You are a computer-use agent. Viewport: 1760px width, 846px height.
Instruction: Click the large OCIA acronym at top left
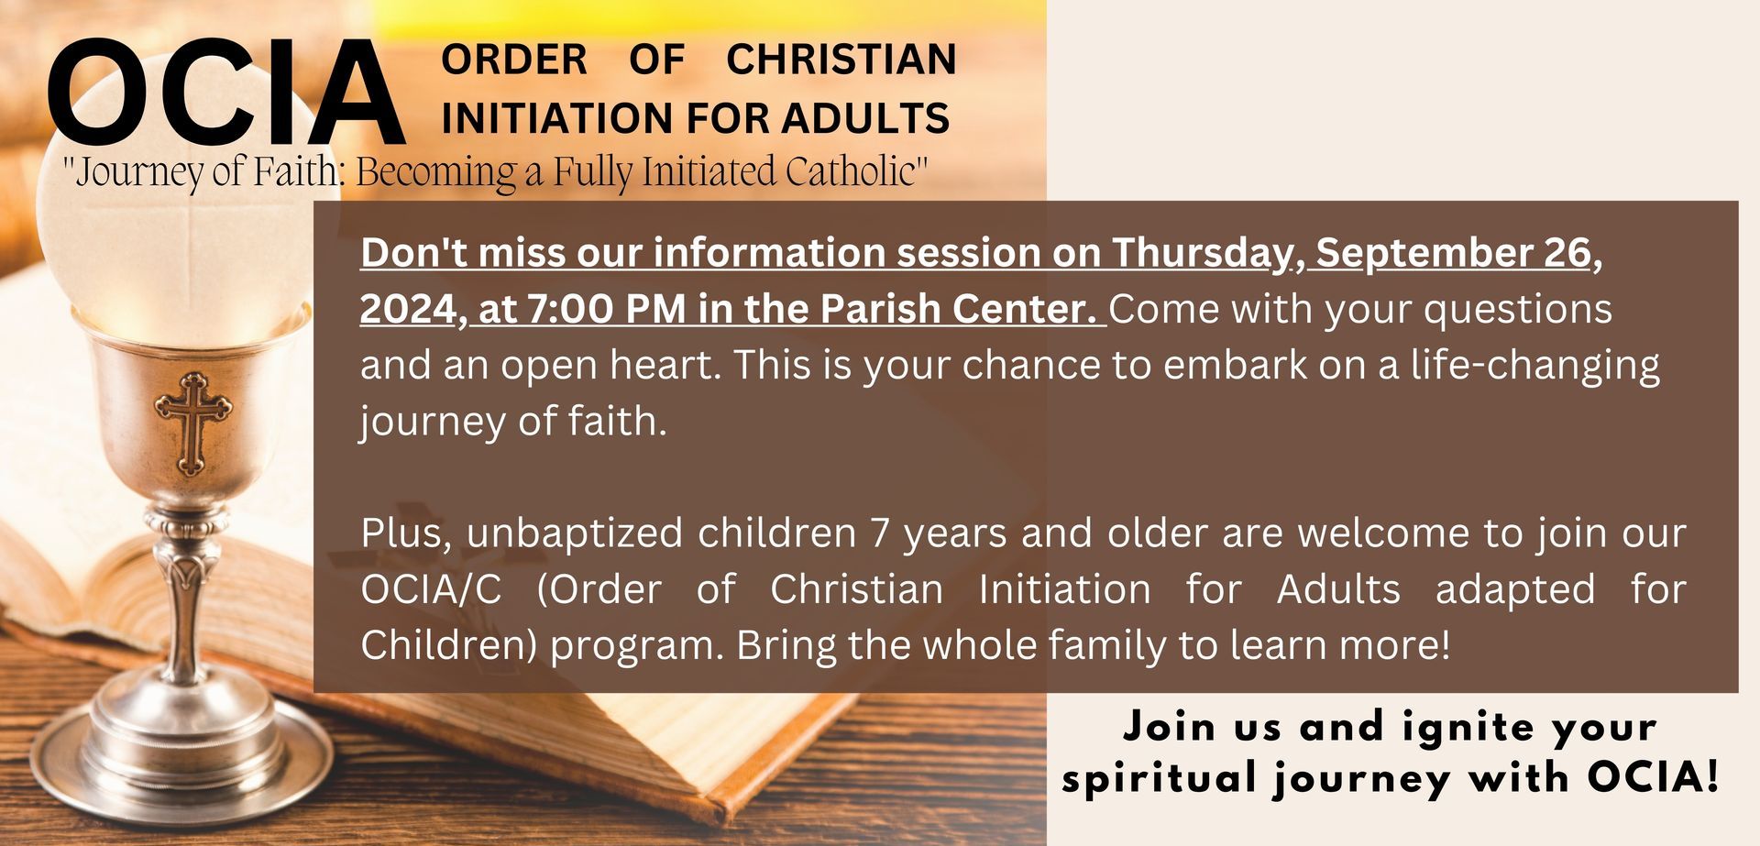[226, 93]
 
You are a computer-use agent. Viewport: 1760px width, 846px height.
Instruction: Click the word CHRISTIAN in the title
[841, 60]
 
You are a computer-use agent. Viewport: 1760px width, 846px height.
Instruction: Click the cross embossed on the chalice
[192, 423]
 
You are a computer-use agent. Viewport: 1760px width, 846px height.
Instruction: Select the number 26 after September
[1568, 253]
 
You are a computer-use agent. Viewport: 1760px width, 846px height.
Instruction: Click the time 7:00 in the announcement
[571, 309]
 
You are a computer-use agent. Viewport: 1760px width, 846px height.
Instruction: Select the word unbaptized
[574, 533]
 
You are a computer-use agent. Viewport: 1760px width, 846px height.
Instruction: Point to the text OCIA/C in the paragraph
[432, 589]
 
